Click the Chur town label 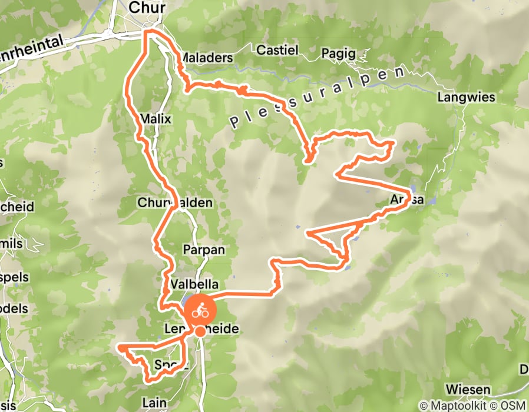coord(147,8)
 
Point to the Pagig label coord(339,54)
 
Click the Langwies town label coord(467,97)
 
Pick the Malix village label coord(156,119)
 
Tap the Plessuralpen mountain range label coord(318,98)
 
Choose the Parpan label coord(204,250)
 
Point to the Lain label coord(154,403)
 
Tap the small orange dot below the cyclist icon coord(200,332)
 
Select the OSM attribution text coord(514,406)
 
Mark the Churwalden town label coord(174,202)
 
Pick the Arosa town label coord(406,200)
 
